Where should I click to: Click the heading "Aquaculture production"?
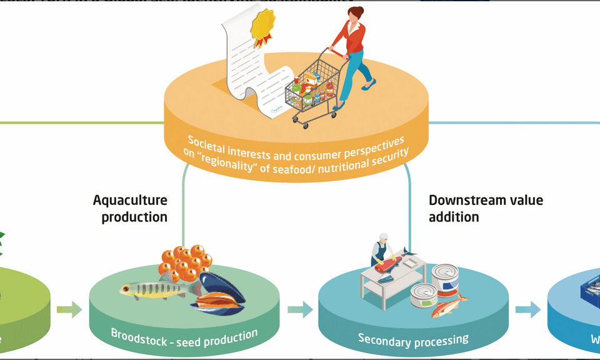click(x=131, y=208)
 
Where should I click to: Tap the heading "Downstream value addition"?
click(x=486, y=208)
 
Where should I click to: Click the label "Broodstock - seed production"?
click(x=184, y=338)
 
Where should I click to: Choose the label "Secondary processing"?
click(x=413, y=339)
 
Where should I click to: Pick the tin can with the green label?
click(x=424, y=295)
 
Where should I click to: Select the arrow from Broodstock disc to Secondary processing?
click(x=300, y=309)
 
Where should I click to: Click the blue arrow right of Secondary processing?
click(x=528, y=309)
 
